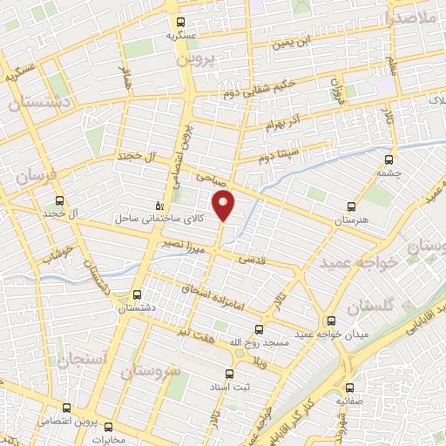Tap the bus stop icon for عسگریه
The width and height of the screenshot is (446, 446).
180,23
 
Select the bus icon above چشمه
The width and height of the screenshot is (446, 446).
389,159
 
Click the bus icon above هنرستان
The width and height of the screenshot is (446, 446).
351,206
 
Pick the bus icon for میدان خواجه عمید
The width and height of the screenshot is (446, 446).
330,320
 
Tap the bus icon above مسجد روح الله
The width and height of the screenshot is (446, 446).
257,329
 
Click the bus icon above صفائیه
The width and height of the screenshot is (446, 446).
349,388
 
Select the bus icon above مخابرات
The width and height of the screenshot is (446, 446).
108,426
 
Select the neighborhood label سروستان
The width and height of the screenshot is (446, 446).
150,372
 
